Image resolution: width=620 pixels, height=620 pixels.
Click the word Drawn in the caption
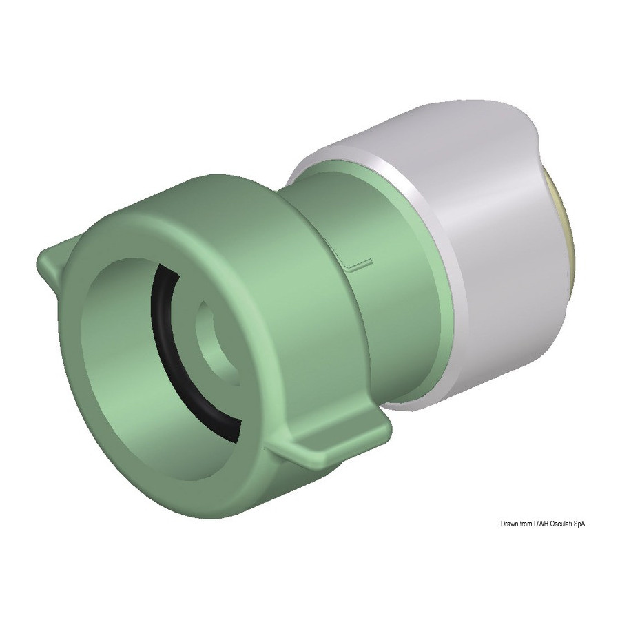pos(509,524)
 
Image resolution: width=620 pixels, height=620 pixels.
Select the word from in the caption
pos(526,524)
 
